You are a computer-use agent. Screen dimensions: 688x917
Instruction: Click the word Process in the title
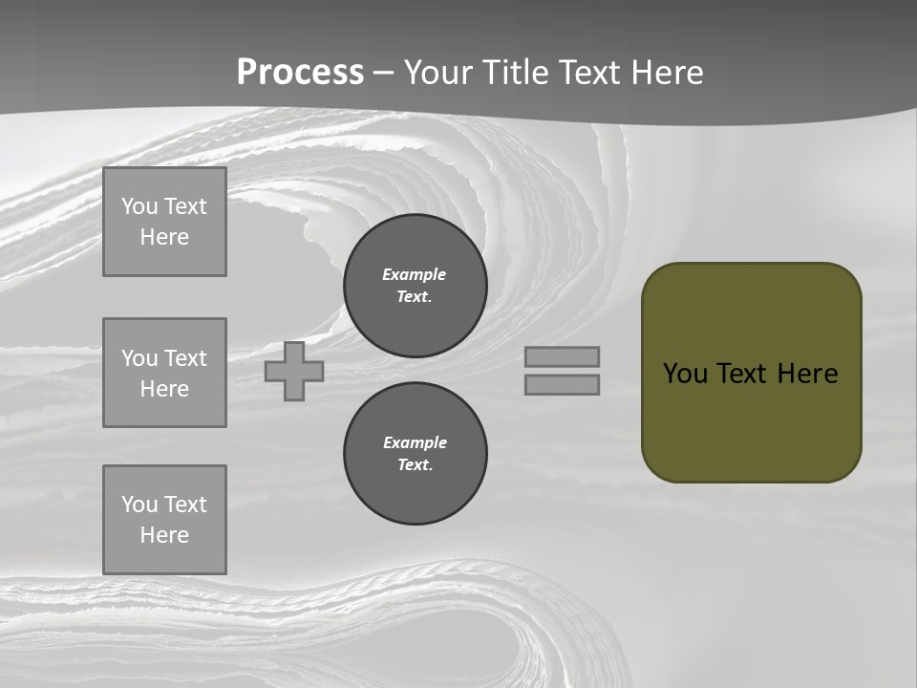click(x=300, y=73)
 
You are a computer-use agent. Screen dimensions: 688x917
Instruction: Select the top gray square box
click(x=164, y=222)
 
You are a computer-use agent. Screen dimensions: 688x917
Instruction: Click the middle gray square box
click(x=164, y=373)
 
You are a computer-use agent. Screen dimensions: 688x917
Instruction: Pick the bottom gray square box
click(x=164, y=520)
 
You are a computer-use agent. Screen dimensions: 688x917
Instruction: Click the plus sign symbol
click(x=294, y=371)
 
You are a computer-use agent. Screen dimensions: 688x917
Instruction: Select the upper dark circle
click(x=416, y=286)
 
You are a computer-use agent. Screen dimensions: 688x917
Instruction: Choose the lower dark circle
click(x=416, y=454)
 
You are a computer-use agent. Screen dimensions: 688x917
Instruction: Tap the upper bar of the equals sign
click(x=562, y=356)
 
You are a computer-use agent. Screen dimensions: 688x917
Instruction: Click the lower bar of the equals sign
click(x=562, y=384)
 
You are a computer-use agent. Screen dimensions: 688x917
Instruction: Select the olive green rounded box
click(x=752, y=373)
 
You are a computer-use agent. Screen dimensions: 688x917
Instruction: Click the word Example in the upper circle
click(x=414, y=274)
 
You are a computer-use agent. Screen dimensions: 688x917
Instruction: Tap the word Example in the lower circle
click(x=415, y=442)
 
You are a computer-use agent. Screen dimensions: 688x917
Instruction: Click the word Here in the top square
click(x=164, y=237)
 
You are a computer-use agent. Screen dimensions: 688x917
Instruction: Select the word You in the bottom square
click(x=139, y=505)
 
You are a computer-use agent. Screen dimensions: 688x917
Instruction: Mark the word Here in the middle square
click(x=164, y=389)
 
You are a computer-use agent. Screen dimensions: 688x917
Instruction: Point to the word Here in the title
click(x=668, y=73)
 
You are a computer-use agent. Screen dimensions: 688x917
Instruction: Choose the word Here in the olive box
click(x=807, y=374)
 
